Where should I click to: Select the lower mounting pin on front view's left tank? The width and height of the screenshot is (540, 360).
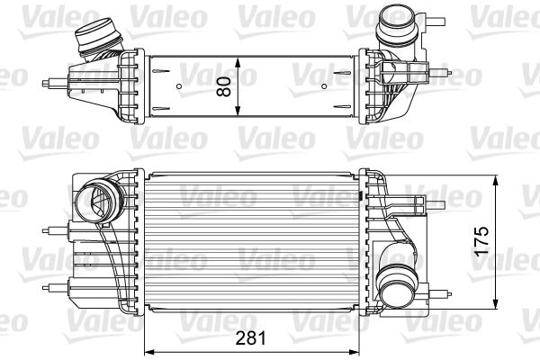pyautogui.click(x=48, y=286)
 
